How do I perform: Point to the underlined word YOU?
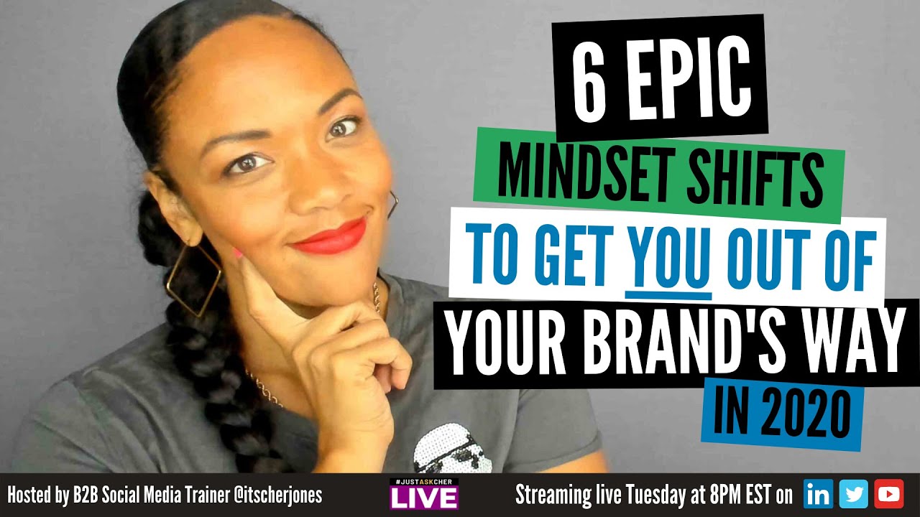[x=668, y=264]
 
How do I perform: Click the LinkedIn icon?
[x=817, y=495]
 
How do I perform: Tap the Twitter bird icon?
[x=853, y=495]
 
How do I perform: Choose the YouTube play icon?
[x=889, y=495]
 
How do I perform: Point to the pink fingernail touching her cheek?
[x=237, y=253]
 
